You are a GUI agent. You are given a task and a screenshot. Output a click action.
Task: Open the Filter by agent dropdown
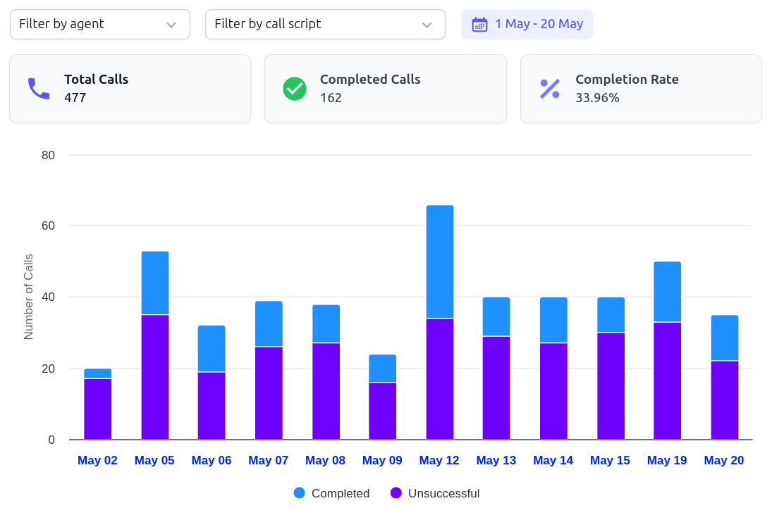pyautogui.click(x=99, y=24)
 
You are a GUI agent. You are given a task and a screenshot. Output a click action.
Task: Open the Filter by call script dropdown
pyautogui.click(x=324, y=24)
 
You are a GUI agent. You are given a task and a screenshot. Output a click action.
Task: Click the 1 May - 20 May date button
pyautogui.click(x=527, y=24)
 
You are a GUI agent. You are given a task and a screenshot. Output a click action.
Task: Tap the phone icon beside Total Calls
pyautogui.click(x=38, y=89)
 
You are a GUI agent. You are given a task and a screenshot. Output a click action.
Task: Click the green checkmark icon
pyautogui.click(x=294, y=89)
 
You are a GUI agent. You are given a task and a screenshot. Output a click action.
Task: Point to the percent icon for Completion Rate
pyautogui.click(x=550, y=89)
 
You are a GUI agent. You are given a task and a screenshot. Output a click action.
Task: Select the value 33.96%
pyautogui.click(x=597, y=98)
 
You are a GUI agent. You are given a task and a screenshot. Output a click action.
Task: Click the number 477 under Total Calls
pyautogui.click(x=75, y=98)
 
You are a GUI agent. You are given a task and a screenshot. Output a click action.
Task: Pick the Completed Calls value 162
pyautogui.click(x=331, y=98)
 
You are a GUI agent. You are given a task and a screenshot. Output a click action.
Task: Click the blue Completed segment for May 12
pyautogui.click(x=439, y=261)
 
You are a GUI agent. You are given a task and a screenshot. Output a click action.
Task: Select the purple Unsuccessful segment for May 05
pyautogui.click(x=154, y=377)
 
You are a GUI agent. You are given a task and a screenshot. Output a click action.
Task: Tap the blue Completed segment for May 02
pyautogui.click(x=97, y=373)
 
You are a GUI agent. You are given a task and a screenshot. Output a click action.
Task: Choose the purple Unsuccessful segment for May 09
pyautogui.click(x=382, y=411)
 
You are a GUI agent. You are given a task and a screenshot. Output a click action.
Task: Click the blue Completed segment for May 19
pyautogui.click(x=667, y=292)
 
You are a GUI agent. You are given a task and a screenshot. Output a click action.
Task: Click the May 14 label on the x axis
pyautogui.click(x=553, y=460)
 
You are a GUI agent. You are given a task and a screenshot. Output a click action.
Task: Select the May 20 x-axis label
pyautogui.click(x=723, y=460)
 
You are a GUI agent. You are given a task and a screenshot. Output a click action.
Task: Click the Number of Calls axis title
pyautogui.click(x=29, y=297)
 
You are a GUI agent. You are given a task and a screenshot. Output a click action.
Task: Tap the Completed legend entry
pyautogui.click(x=331, y=493)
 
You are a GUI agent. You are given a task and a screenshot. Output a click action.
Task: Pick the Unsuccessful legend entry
pyautogui.click(x=435, y=493)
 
